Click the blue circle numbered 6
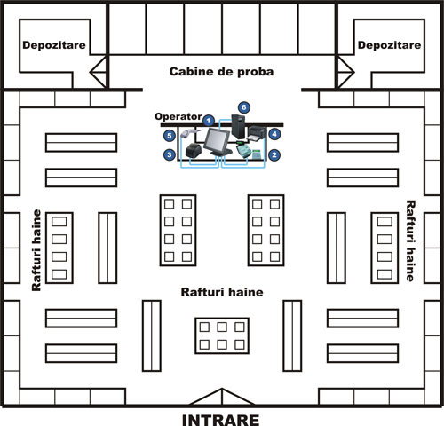[244, 107]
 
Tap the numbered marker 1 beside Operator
[209, 121]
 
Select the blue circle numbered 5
[170, 136]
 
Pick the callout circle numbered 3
[170, 154]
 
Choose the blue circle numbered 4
[274, 134]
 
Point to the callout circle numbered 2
[274, 154]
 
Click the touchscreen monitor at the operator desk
[218, 142]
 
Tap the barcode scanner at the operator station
[189, 134]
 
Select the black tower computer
[238, 127]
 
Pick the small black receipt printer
[194, 150]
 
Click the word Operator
[178, 116]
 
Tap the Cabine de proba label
[221, 72]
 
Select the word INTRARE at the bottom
[221, 420]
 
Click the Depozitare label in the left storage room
[54, 45]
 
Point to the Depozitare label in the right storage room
[389, 45]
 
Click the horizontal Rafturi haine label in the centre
[222, 292]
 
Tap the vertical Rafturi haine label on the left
[36, 250]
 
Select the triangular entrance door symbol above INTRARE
[222, 397]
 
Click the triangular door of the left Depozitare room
[99, 72]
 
